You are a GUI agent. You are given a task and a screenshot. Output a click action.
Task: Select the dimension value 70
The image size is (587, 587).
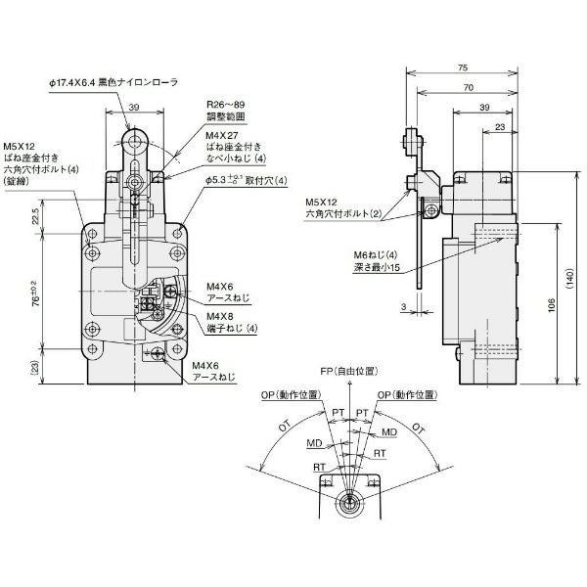[473, 88]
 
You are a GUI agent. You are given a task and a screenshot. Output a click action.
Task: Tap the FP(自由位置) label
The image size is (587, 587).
[347, 373]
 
